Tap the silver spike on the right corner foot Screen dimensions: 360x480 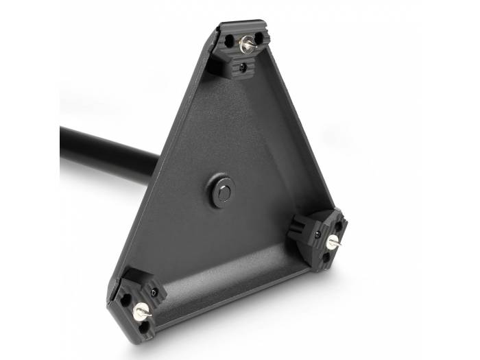333,242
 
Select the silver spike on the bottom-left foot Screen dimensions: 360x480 141,311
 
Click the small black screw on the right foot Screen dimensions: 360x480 317,235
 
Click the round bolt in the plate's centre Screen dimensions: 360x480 221,192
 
